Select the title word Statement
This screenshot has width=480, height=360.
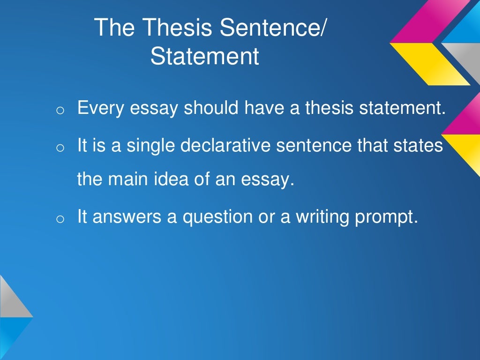pyautogui.click(x=204, y=56)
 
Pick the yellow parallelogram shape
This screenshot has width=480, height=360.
pyautogui.click(x=429, y=63)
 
